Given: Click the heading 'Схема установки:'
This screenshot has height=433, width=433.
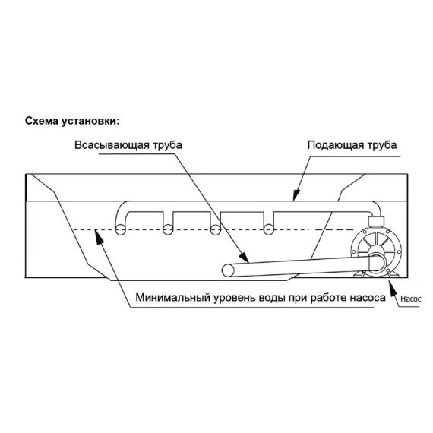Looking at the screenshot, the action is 73,121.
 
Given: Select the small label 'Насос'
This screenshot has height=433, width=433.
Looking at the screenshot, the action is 411,299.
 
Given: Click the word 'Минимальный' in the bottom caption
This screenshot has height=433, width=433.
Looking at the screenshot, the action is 173,298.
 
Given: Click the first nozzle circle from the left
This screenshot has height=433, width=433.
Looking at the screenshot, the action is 120,229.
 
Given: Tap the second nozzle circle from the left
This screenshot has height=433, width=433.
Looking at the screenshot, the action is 168,229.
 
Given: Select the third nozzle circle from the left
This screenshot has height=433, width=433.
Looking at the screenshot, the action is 216,229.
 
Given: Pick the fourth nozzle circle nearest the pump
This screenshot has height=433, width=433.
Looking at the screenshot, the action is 268,229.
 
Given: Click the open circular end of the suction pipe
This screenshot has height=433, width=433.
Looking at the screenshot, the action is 229,270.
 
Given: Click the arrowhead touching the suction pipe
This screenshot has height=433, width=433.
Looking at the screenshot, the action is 244,257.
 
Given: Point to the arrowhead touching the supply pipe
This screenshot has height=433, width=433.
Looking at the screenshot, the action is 296,195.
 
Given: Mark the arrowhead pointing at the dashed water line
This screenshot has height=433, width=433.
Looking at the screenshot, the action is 99,235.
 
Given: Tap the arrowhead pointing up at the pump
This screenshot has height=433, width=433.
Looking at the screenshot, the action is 392,286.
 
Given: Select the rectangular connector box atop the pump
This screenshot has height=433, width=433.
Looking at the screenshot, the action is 376,221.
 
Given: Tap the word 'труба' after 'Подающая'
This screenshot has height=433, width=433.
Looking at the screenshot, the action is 382,146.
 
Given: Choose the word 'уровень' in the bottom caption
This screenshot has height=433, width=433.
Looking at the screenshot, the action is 234,299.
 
